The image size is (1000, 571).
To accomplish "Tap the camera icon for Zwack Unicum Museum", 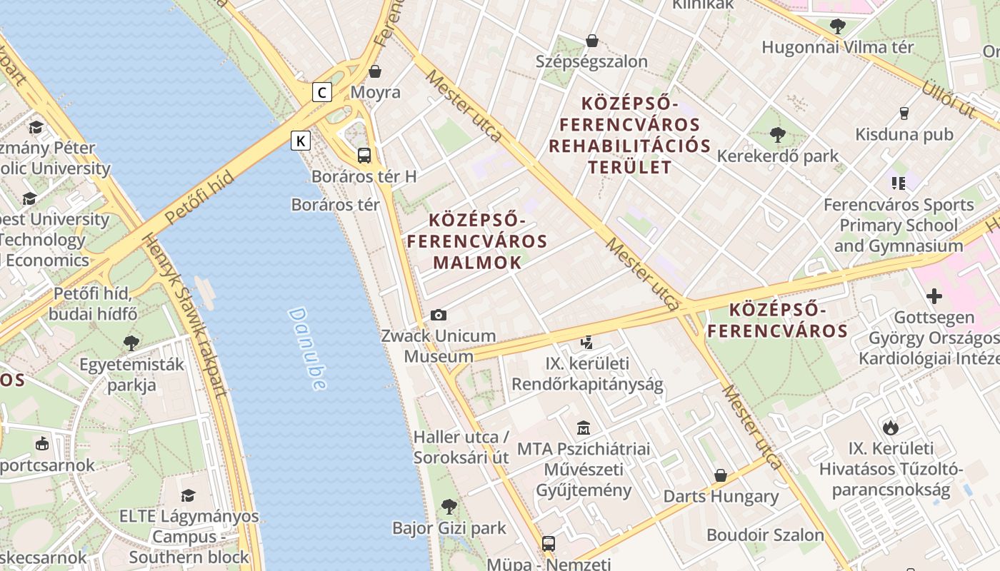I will click(438, 315).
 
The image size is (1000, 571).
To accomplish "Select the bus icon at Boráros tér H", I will click(364, 155).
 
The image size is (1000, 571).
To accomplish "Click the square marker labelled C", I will click(323, 92).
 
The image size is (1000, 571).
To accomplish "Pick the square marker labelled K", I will click(301, 141).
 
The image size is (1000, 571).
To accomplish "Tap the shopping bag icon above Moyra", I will click(375, 71).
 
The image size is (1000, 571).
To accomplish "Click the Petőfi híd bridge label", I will click(199, 198).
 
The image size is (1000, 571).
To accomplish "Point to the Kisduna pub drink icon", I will click(904, 113).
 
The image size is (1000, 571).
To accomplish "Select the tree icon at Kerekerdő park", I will click(778, 134).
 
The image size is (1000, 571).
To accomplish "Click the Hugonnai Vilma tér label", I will click(837, 48).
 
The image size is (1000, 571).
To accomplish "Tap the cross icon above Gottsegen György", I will click(934, 296).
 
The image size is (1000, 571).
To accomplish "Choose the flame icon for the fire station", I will click(890, 428).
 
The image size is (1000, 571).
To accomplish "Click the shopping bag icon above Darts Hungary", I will click(720, 475).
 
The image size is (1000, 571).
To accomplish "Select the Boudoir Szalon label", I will click(765, 535).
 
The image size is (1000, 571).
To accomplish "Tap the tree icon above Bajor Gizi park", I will click(449, 507).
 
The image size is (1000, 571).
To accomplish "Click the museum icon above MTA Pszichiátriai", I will click(584, 428).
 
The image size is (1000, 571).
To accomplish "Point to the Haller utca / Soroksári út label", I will click(461, 447).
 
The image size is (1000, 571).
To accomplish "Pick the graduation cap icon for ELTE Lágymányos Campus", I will click(188, 495).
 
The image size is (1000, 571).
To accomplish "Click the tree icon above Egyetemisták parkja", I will click(131, 343).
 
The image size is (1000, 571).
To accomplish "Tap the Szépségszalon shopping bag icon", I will click(591, 41).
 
